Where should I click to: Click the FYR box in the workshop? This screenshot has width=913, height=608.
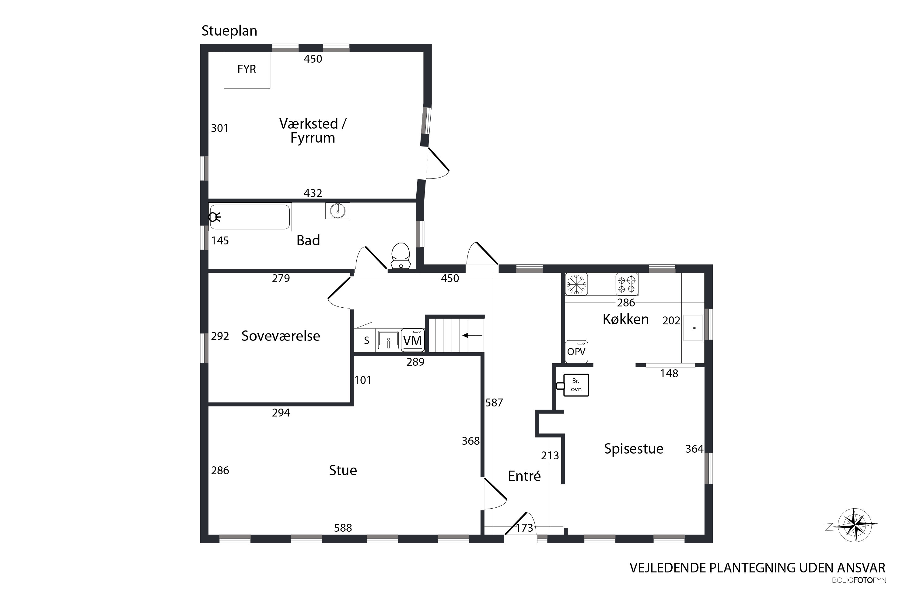247,70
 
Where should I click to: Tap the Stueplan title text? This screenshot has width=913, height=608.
229,31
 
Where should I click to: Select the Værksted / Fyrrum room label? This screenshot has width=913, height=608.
313,131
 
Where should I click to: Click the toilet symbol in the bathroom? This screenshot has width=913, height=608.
401,256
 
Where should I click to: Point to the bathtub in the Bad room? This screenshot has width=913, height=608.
250,217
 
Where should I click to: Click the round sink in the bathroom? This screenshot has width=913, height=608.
338,211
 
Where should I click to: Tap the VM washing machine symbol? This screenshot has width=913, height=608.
412,340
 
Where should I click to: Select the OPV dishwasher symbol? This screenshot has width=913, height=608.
576,351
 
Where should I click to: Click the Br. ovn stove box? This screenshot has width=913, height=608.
576,385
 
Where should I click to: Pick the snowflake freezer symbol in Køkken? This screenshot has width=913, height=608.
576,284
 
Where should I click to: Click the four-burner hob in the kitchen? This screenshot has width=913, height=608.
627,284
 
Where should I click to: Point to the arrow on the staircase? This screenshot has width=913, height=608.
472,335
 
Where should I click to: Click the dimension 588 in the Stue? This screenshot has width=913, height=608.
343,528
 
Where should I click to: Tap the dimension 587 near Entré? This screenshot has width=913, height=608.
494,403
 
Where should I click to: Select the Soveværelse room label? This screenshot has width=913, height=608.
281,336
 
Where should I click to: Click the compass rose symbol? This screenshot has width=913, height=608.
855,525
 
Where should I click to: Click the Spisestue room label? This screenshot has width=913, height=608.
634,449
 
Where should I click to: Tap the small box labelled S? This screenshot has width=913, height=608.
366,341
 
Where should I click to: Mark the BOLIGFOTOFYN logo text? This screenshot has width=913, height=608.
859,580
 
